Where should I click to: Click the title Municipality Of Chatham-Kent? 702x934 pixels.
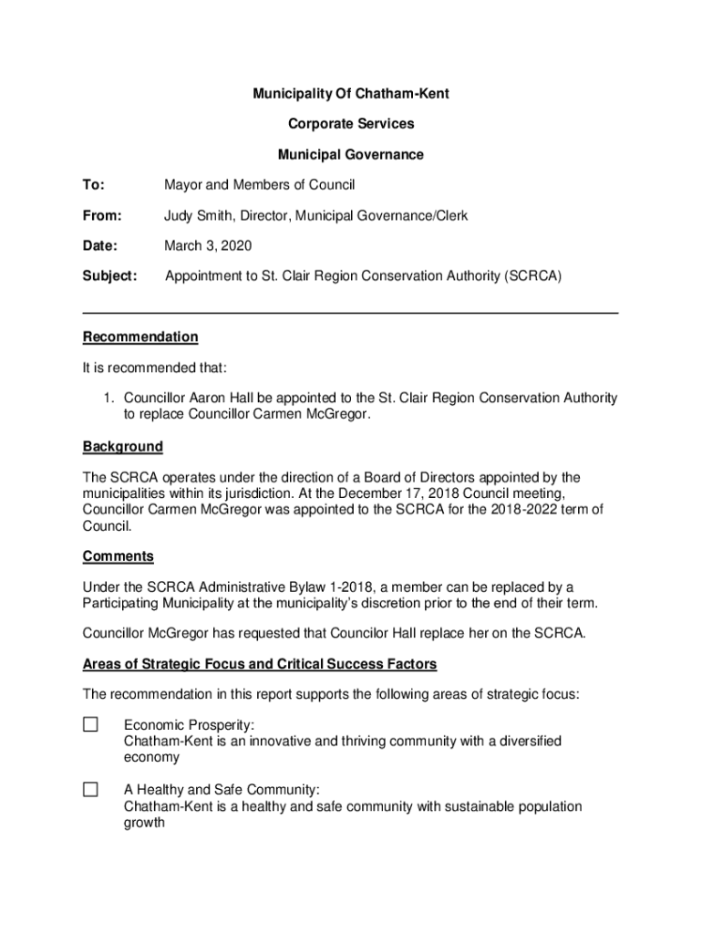[351, 94]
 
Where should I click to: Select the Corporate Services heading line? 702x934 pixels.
[351, 124]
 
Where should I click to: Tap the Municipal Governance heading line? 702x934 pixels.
[351, 155]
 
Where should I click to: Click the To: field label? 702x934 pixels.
[94, 185]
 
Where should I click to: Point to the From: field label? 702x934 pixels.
[102, 216]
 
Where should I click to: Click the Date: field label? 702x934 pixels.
[101, 246]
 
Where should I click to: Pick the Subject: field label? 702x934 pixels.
[110, 276]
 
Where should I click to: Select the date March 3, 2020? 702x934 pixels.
[208, 246]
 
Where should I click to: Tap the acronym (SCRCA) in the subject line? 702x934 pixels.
[532, 276]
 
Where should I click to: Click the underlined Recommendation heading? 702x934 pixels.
[140, 337]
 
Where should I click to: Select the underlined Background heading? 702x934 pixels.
[123, 447]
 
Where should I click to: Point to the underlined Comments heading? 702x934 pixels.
[119, 556]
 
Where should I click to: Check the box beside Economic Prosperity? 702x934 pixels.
[90, 725]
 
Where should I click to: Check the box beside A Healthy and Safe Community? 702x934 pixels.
[90, 790]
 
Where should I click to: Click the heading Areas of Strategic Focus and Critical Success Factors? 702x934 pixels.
[260, 664]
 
